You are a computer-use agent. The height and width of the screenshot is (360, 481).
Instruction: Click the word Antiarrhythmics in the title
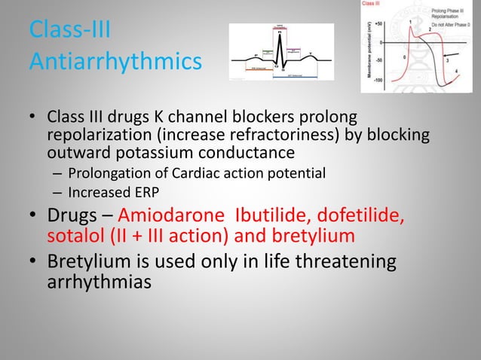click(x=115, y=60)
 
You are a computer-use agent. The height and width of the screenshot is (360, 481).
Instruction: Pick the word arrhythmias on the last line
click(x=101, y=283)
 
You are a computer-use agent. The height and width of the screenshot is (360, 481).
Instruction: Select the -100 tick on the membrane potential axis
click(x=377, y=78)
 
